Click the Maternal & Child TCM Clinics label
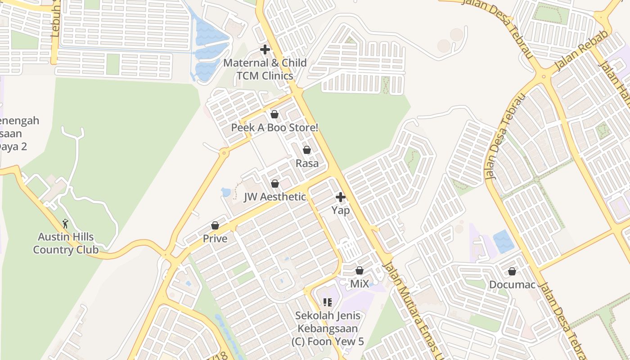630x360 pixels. (265, 69)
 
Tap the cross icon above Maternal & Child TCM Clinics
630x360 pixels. (265, 49)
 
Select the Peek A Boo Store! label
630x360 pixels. (274, 128)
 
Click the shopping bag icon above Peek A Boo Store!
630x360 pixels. (274, 115)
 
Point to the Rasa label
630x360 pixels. (307, 163)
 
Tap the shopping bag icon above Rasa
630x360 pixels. (307, 150)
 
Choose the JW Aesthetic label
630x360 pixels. (275, 197)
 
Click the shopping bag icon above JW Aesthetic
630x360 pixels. (275, 184)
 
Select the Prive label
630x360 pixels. (215, 238)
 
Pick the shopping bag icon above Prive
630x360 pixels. (215, 225)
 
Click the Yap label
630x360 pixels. (341, 210)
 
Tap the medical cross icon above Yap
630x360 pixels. (341, 197)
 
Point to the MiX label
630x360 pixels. (360, 284)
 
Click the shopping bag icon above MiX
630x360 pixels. (360, 270)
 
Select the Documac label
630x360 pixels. (512, 285)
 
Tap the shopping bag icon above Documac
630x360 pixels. (512, 271)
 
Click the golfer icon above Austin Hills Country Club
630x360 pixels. (66, 223)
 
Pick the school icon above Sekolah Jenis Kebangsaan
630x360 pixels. (327, 302)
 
